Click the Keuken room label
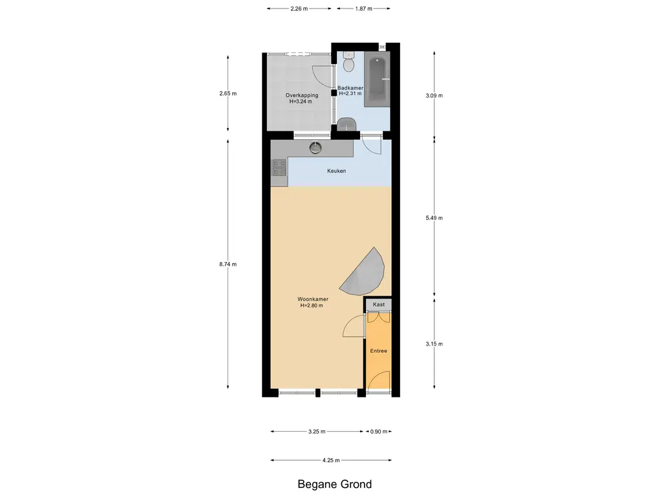click(x=336, y=171)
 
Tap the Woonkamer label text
click(x=313, y=299)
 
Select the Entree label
click(x=379, y=351)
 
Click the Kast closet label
click(x=379, y=304)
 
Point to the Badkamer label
click(x=350, y=88)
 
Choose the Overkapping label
click(x=302, y=95)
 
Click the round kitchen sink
click(x=315, y=148)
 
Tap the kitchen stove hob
click(x=279, y=168)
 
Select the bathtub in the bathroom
click(x=377, y=81)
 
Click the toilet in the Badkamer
click(x=348, y=62)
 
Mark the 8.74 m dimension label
click(x=228, y=264)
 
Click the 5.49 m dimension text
click(x=434, y=218)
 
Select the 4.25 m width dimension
click(x=331, y=460)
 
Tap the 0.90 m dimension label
click(x=379, y=432)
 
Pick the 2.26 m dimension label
click(x=299, y=8)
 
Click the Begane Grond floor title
click(x=335, y=484)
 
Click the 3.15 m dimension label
click(x=434, y=344)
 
